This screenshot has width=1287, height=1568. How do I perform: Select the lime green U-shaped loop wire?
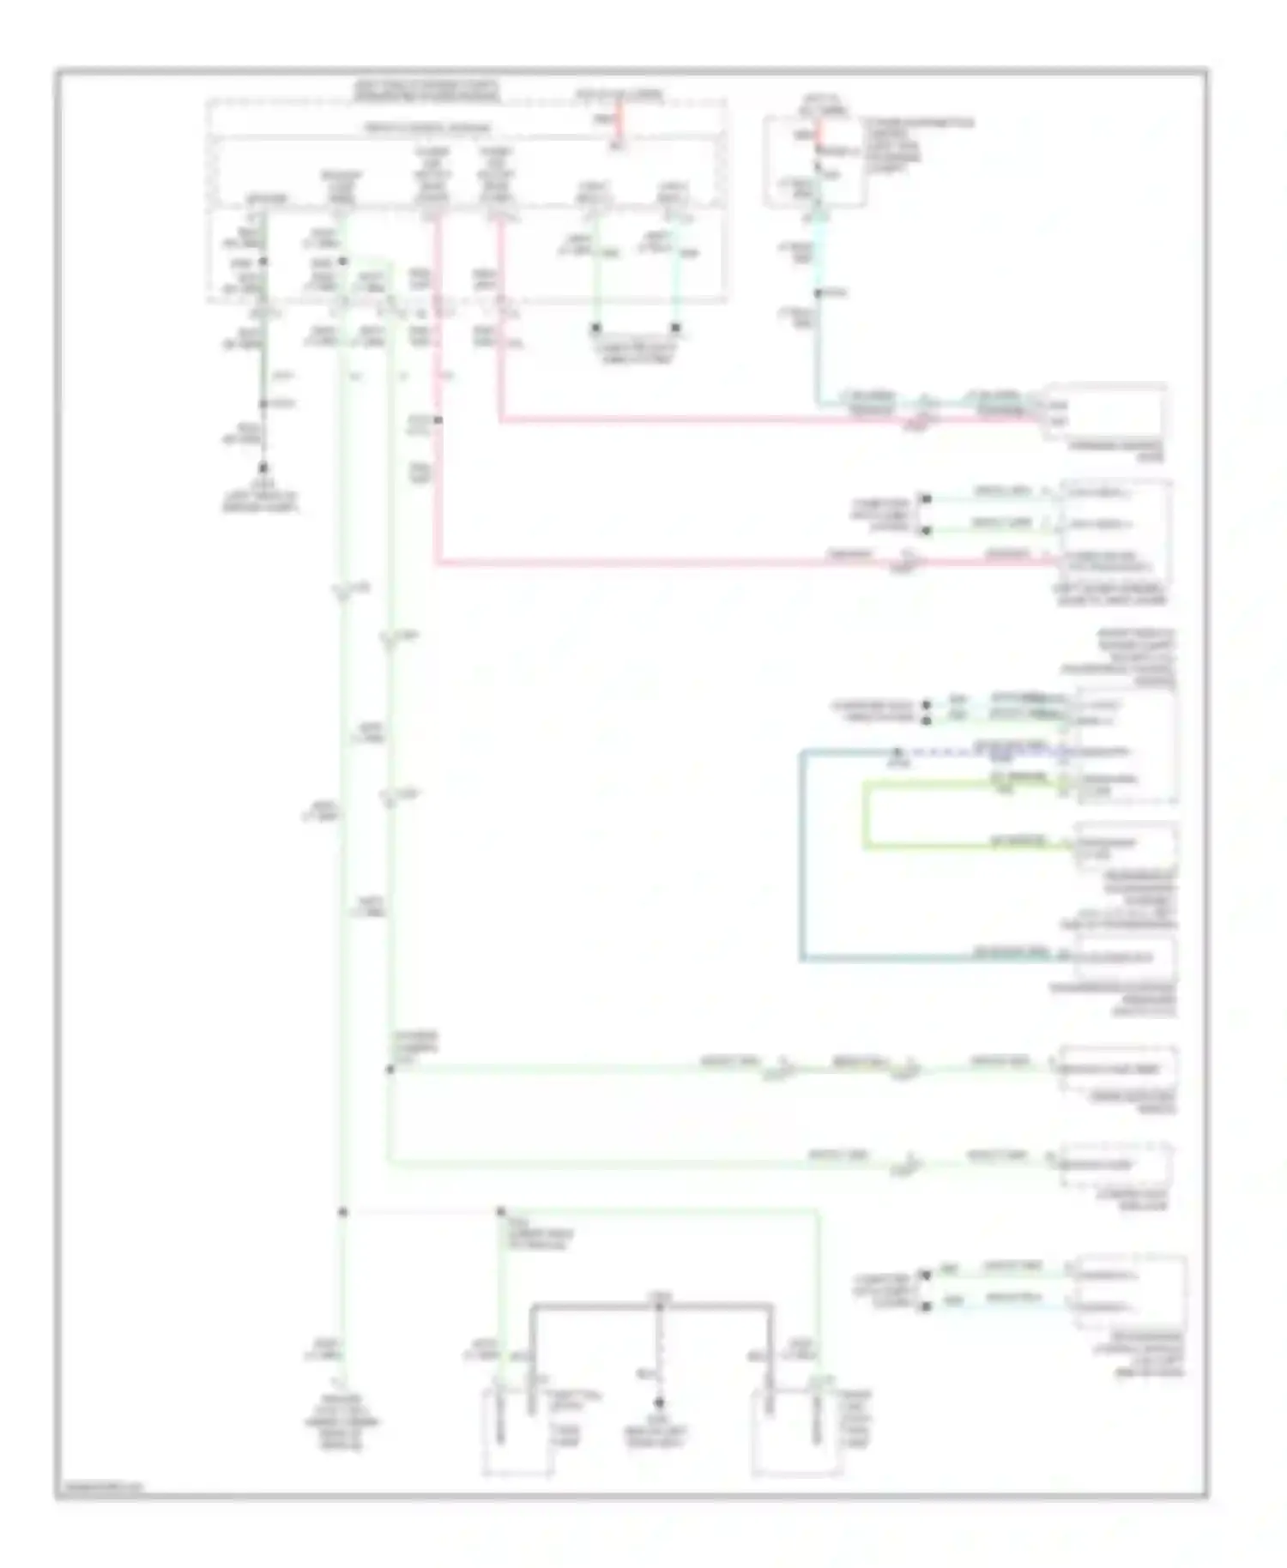coord(867,815)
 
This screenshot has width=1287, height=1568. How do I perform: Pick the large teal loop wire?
coord(802,858)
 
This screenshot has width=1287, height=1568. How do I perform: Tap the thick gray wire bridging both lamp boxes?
coord(652,1306)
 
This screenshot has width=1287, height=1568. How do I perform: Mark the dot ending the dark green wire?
coord(263,468)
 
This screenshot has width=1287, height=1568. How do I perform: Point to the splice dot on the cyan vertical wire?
coord(818,293)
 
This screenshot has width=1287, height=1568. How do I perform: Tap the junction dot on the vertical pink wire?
coord(438,420)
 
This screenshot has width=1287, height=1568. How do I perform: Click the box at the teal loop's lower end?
coord(1126,959)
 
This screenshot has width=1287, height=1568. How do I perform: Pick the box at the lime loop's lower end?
coord(1126,845)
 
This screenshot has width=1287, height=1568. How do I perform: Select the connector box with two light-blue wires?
coord(1129,1291)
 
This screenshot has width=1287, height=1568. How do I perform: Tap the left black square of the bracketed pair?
coord(595,329)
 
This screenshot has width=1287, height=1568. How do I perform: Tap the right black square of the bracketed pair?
coord(676,329)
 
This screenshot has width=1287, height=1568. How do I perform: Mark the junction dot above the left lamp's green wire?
coord(501,1212)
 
